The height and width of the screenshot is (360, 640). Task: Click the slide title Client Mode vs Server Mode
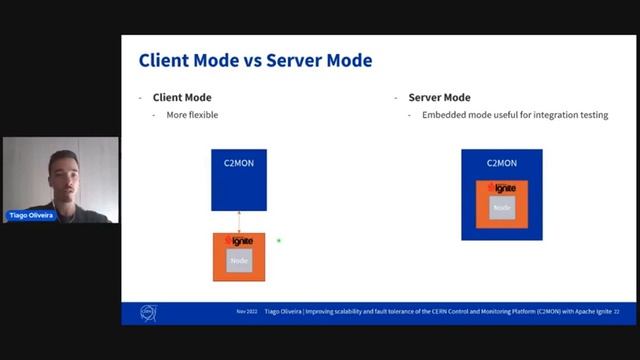click(255, 61)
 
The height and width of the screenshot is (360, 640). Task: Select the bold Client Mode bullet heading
click(182, 98)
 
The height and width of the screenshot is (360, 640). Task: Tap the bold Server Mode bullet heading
click(439, 98)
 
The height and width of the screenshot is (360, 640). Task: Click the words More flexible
click(192, 115)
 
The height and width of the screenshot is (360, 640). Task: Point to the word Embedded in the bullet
click(443, 115)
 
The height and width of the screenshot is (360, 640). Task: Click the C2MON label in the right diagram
click(501, 162)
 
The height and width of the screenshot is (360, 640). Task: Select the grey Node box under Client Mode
click(239, 261)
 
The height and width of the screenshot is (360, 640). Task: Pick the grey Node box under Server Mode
click(502, 208)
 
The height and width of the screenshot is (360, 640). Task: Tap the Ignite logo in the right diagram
click(501, 188)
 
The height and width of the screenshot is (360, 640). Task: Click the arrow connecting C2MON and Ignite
click(239, 222)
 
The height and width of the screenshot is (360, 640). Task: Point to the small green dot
click(279, 240)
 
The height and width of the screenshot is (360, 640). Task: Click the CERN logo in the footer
click(149, 313)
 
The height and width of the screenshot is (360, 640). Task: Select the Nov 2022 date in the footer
click(246, 312)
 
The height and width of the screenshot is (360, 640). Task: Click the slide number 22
click(616, 312)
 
